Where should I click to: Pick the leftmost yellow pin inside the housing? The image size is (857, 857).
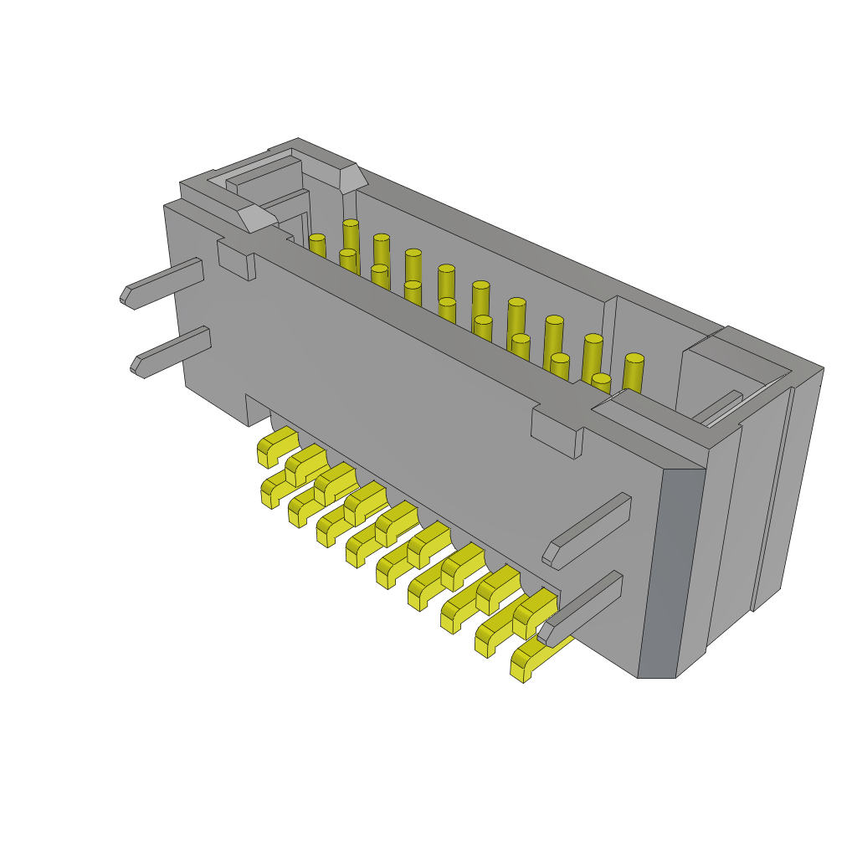click(x=316, y=246)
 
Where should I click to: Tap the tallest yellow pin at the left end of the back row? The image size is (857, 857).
click(x=351, y=236)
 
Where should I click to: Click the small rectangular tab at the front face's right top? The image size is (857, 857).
click(x=555, y=433)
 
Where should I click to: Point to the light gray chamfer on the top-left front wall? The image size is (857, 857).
click(x=256, y=218)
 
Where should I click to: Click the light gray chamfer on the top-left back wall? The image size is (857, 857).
click(x=352, y=178)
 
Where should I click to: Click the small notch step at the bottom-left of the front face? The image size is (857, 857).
click(x=258, y=410)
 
